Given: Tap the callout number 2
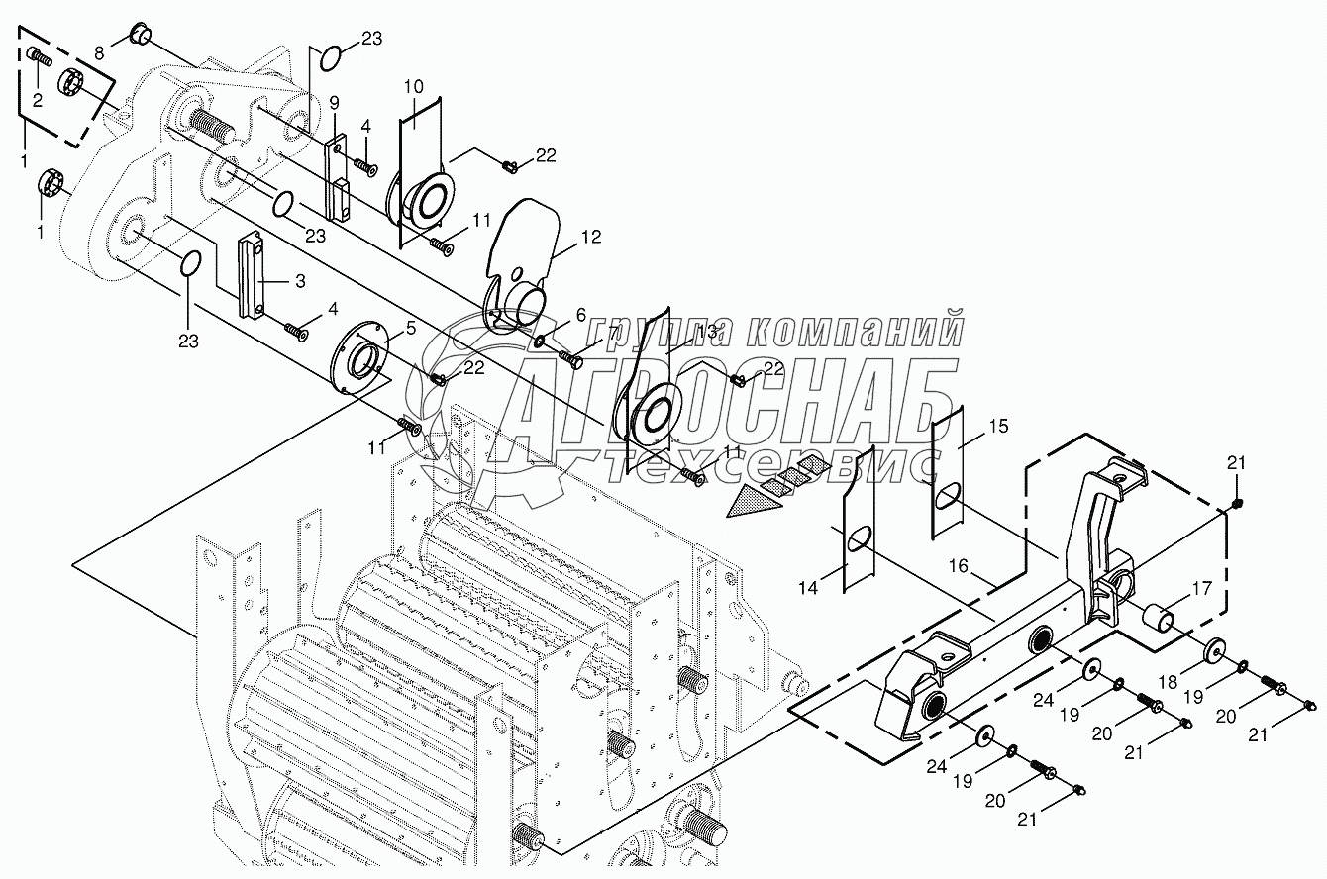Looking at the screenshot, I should tap(37, 99).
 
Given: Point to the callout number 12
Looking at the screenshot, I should tap(591, 238).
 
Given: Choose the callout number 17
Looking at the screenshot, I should tap(1201, 588).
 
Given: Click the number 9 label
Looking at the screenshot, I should tap(334, 102).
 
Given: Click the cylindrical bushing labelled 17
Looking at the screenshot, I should tap(1160, 622).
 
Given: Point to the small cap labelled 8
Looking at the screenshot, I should tap(140, 38).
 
